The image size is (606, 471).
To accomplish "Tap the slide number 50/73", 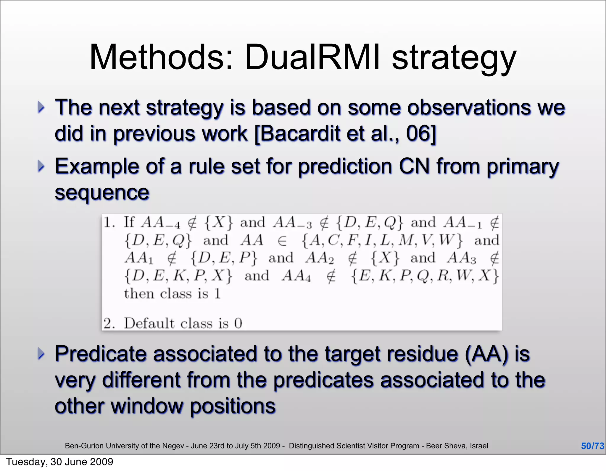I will pyautogui.click(x=592, y=446).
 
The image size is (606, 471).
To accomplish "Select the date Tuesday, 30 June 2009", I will pyautogui.click(x=59, y=462).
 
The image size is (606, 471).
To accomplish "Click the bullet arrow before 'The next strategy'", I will pyautogui.click(x=41, y=107).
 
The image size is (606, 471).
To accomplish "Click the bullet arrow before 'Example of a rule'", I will pyautogui.click(x=41, y=166).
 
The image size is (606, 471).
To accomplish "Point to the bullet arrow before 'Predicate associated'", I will pyautogui.click(x=41, y=354).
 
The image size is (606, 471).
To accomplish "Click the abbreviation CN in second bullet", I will pyautogui.click(x=414, y=166).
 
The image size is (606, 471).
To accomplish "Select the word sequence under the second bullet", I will pyautogui.click(x=102, y=193).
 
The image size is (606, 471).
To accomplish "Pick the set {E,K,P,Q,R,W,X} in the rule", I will pyautogui.click(x=425, y=276).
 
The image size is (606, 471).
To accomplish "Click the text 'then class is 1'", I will pyautogui.click(x=172, y=294).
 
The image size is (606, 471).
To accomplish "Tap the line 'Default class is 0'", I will pyautogui.click(x=183, y=323).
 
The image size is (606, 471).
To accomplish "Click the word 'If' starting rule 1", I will pyautogui.click(x=129, y=222).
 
